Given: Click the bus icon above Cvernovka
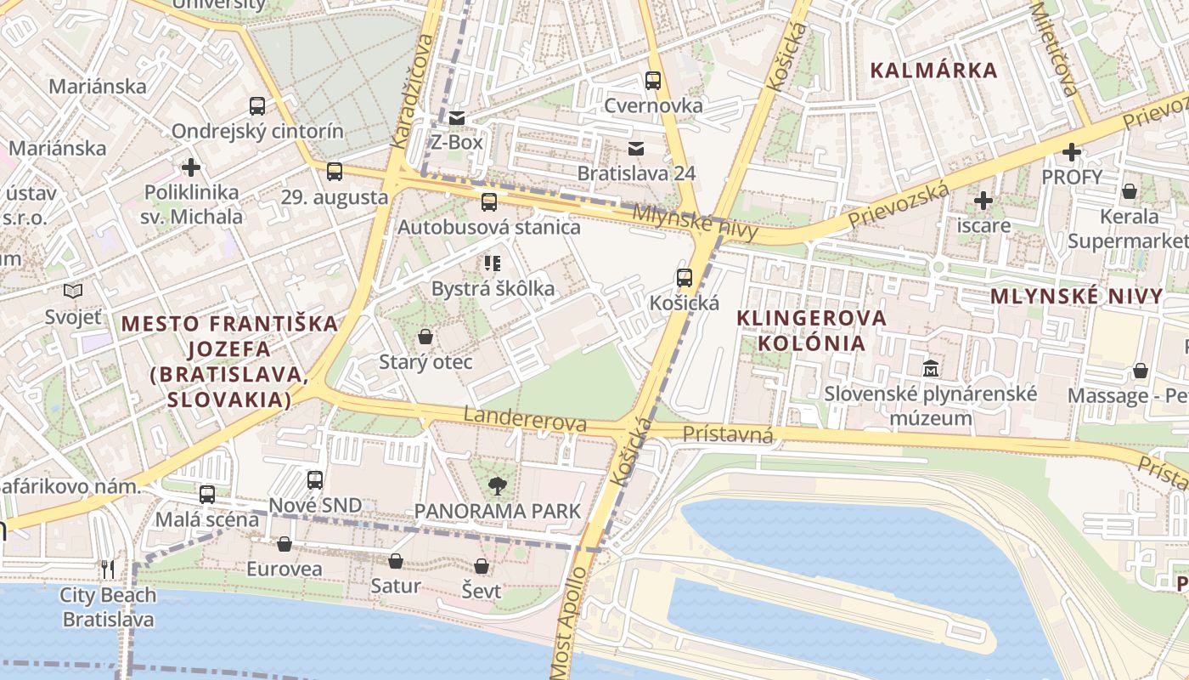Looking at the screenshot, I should tap(652, 81).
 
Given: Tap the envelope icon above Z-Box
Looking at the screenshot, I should tap(457, 117).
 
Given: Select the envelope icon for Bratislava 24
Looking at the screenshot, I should tap(635, 149).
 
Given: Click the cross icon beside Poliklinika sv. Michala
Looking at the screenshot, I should tap(192, 167).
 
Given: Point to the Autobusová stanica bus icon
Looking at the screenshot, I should tap(489, 202).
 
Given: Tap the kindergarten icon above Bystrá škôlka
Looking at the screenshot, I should tap(493, 263).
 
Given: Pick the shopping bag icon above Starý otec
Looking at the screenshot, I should tap(425, 337).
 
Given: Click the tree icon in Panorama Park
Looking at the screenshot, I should tap(497, 486).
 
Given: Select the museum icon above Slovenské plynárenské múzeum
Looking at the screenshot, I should tap(932, 369).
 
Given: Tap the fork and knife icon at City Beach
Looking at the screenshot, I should tap(108, 569).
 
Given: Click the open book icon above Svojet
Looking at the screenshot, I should tap(73, 292).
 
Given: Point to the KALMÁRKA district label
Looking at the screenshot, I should tap(934, 71).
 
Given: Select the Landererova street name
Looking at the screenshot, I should tap(525, 419).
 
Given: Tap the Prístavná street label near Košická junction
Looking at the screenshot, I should tap(728, 435).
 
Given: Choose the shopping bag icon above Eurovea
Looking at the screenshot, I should tap(284, 544).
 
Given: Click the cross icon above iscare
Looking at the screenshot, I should tap(983, 201).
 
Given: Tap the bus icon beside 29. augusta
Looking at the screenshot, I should tap(335, 172).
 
